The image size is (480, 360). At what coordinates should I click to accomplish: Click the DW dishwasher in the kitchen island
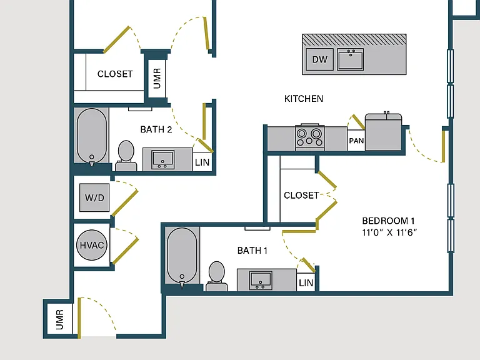(319, 59)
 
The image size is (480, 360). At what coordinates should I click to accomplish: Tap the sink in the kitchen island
(351, 59)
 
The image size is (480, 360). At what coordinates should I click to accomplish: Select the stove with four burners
(310, 137)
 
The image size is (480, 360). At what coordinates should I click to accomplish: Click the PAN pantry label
(356, 141)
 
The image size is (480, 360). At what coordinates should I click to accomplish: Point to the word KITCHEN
(304, 99)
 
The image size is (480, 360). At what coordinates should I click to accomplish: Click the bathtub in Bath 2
(91, 136)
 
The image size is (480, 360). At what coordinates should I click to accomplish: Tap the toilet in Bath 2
(126, 156)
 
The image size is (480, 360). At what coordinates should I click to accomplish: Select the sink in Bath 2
(163, 160)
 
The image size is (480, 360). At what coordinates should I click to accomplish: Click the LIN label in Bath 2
(202, 162)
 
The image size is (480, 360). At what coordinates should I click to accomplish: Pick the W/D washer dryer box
(94, 197)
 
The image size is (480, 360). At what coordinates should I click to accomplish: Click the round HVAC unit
(92, 245)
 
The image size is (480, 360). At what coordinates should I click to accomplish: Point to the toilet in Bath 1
(217, 276)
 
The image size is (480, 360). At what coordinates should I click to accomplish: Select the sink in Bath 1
(261, 281)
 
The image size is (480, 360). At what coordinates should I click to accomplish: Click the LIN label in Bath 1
(306, 283)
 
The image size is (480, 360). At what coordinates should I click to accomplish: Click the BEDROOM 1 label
(388, 221)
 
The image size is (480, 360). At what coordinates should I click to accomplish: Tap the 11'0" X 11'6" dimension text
(389, 232)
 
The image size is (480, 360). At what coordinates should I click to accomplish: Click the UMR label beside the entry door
(60, 319)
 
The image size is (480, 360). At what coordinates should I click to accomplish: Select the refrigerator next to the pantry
(383, 132)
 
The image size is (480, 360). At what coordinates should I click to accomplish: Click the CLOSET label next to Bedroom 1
(301, 195)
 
